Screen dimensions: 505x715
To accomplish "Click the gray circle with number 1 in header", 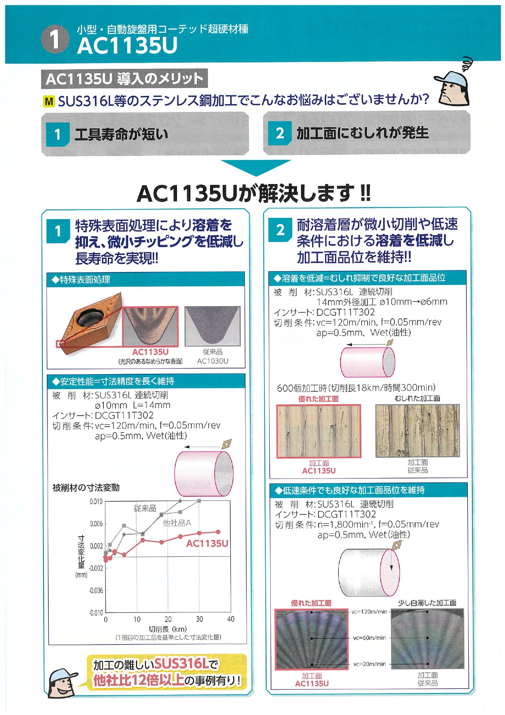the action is click(x=55, y=39).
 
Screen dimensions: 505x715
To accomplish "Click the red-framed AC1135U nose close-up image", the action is click(x=150, y=327).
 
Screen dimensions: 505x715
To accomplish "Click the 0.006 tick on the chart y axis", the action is click(x=96, y=524).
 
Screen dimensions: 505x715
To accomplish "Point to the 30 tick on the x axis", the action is click(x=199, y=619).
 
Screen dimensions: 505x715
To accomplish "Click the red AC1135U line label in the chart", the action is click(x=207, y=544).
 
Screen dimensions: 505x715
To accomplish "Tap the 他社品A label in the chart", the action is click(x=177, y=523).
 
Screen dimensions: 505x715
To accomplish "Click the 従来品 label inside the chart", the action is click(x=145, y=508).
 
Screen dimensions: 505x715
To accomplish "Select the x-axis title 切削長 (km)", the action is click(x=168, y=629).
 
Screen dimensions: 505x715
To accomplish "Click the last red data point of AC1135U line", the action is click(x=218, y=532).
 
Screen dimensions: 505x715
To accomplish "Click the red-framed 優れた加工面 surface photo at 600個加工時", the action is click(x=319, y=431).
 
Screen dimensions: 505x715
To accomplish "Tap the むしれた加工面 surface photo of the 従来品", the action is click(x=418, y=430).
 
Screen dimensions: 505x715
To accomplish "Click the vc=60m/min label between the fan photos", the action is click(x=369, y=638).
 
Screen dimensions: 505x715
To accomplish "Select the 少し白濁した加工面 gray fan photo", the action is click(x=427, y=639).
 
